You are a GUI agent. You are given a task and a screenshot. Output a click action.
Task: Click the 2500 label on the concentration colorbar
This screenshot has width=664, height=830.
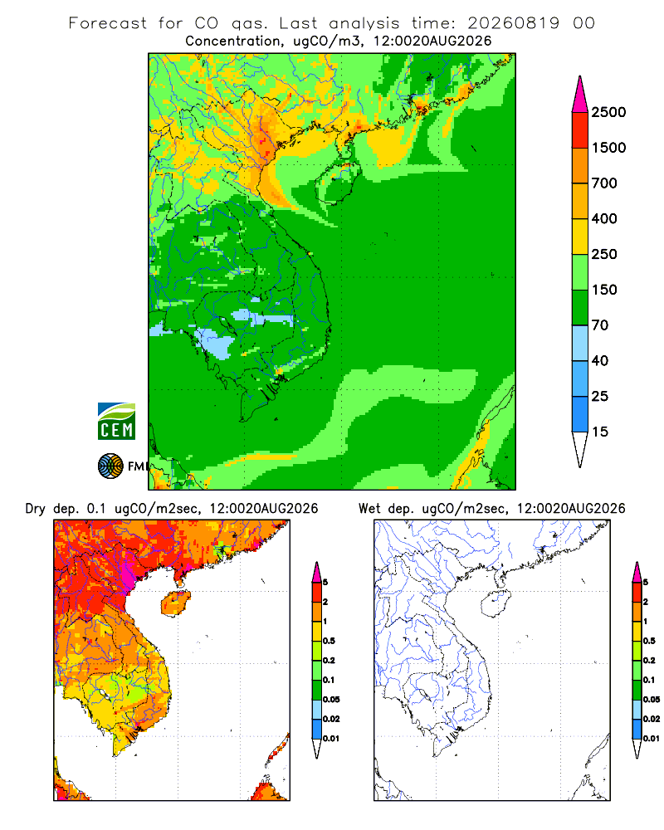pyautogui.click(x=608, y=112)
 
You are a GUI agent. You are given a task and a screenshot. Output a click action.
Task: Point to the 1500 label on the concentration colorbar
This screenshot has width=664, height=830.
pyautogui.click(x=608, y=148)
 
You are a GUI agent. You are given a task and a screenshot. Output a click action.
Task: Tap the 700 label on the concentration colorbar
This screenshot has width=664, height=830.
pyautogui.click(x=604, y=183)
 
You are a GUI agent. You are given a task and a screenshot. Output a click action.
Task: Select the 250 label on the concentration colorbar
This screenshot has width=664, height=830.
pyautogui.click(x=604, y=254)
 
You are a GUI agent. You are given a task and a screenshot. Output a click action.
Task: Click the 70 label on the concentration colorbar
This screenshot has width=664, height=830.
pyautogui.click(x=600, y=325)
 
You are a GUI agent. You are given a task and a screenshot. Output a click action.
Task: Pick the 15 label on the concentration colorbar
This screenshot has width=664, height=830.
pyautogui.click(x=600, y=432)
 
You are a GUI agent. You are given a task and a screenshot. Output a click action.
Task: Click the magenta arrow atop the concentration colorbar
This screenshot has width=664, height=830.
pyautogui.click(x=580, y=95)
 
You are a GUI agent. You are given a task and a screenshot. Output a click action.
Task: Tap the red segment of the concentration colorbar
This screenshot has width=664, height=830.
pyautogui.click(x=580, y=130)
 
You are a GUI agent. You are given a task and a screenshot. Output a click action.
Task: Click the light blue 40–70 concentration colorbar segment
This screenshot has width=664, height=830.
pyautogui.click(x=580, y=343)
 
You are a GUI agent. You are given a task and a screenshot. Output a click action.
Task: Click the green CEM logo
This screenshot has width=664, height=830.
pyautogui.click(x=116, y=422)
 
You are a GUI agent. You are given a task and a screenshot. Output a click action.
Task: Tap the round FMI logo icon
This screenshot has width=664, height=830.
pyautogui.click(x=110, y=466)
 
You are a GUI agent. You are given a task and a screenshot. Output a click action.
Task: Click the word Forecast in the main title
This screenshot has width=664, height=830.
pyautogui.click(x=108, y=23)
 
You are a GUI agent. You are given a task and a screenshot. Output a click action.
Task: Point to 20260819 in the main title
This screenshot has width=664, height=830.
pyautogui.click(x=513, y=23)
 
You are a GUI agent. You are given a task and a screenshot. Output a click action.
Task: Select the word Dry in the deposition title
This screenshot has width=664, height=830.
pyautogui.click(x=36, y=509)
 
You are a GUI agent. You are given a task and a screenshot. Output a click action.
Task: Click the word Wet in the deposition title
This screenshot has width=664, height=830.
pyautogui.click(x=369, y=509)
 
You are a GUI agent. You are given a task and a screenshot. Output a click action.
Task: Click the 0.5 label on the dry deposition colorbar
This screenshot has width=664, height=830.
pyautogui.click(x=329, y=641)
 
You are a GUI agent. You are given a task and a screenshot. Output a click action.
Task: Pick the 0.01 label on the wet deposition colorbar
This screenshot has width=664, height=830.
pyautogui.click(x=652, y=739)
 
